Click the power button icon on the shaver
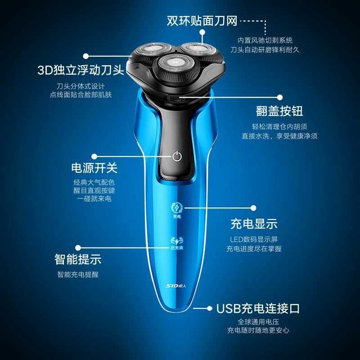pos(177,157)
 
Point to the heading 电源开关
pos(94,168)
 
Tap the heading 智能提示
pos(78,259)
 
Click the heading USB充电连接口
pos(258,308)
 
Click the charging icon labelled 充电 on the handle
pos(176,210)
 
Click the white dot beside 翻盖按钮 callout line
pos(279,97)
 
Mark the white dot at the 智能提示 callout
pos(78,247)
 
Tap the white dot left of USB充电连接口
pos(209,308)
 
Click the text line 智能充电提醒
pos(78,274)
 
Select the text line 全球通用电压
pos(258,322)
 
